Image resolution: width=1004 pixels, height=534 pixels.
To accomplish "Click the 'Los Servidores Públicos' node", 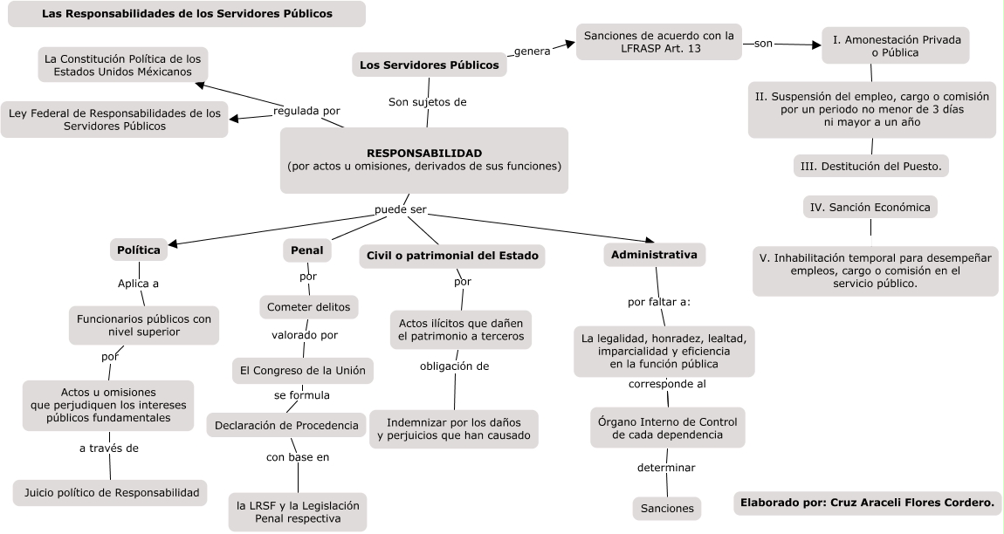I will (430, 65).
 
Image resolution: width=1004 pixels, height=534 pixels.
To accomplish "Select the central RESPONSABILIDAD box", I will (424, 160).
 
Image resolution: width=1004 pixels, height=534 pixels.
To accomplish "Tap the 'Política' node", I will (139, 250).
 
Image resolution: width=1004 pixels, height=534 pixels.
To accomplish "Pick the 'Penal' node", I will (307, 250).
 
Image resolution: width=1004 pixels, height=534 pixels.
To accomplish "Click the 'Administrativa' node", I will (654, 255).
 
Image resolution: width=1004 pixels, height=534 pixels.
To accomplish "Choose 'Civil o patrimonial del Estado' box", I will (452, 256).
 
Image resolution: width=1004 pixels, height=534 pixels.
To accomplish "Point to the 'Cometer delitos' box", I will (310, 307).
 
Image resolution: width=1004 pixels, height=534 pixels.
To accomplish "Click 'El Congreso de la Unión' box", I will (303, 370).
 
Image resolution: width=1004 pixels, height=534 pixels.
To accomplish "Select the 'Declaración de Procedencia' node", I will (286, 426).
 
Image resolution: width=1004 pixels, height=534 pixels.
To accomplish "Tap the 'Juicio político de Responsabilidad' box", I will (111, 493).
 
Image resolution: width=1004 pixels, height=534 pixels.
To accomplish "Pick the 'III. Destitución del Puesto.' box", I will (871, 166).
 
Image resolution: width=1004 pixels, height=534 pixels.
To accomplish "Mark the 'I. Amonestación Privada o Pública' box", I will (895, 45).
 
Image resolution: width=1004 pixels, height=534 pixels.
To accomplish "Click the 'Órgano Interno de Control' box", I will (668, 428).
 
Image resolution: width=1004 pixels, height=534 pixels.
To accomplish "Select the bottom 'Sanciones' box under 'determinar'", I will (667, 508).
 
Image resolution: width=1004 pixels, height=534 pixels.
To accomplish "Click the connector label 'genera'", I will (532, 51).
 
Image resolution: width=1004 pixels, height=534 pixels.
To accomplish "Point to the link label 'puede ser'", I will (400, 210).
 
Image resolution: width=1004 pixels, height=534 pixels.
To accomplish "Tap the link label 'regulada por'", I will (306, 111).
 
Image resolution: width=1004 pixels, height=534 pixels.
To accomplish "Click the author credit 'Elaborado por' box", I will (867, 503).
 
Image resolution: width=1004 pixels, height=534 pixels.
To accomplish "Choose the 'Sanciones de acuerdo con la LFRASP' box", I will (659, 43).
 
